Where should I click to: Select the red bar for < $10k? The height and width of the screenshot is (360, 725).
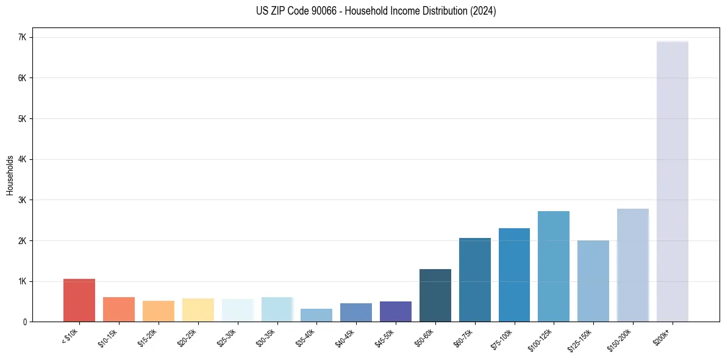79,300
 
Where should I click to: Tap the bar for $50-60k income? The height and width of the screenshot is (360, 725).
435,295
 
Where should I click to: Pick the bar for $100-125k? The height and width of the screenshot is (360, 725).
554,266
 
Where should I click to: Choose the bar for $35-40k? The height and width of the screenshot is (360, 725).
316,315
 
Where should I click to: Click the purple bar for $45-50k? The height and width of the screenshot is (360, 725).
396,311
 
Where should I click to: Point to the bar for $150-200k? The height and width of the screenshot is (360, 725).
633,265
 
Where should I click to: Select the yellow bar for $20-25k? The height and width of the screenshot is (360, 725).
198,310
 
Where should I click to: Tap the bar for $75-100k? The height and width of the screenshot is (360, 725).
514,275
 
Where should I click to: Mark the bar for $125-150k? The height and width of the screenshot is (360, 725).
593,281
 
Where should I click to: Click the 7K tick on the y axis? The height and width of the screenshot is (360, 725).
23,37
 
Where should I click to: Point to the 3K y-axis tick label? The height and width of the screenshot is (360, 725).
23,200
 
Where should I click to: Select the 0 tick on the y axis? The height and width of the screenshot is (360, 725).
25,322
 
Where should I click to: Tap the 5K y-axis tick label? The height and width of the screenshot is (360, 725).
23,118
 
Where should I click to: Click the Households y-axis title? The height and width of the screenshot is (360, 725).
10,175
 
